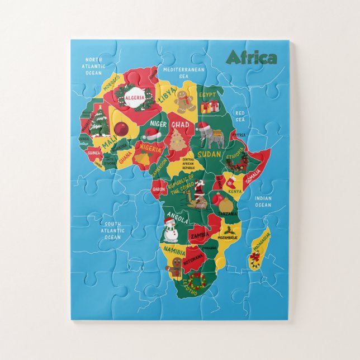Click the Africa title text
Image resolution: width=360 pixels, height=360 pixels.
[251, 58]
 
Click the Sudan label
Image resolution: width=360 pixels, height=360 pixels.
[210, 154]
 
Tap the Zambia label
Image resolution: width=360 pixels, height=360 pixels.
[199, 236]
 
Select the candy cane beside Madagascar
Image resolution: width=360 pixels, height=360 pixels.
[255, 258]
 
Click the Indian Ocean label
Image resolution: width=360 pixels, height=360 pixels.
[263, 202]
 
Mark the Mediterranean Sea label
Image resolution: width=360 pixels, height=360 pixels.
[183, 73]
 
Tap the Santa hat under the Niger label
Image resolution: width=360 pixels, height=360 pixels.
[152, 134]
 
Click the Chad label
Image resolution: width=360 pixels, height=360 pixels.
[180, 125]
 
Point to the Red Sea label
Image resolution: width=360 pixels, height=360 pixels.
[240, 116]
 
